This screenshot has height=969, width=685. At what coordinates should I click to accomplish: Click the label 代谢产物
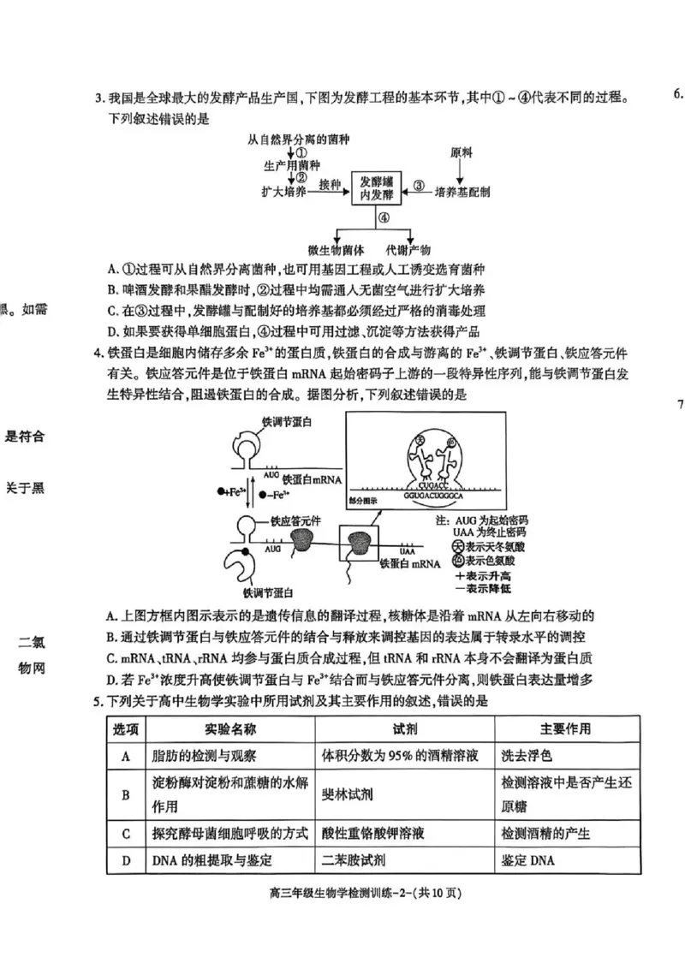coord(411,250)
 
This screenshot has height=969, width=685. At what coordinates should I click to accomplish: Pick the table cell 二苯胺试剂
coord(352,860)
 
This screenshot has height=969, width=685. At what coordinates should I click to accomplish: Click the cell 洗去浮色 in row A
coord(526,756)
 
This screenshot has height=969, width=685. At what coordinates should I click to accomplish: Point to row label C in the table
coord(126,833)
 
